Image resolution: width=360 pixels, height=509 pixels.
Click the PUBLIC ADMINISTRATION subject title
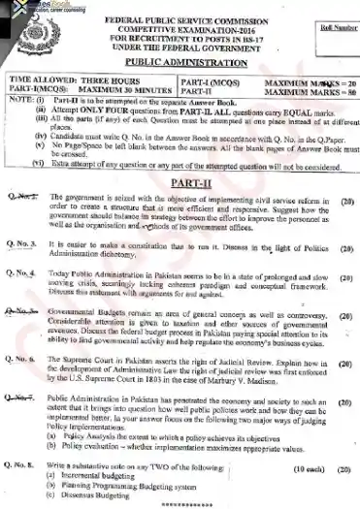click(x=183, y=60)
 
